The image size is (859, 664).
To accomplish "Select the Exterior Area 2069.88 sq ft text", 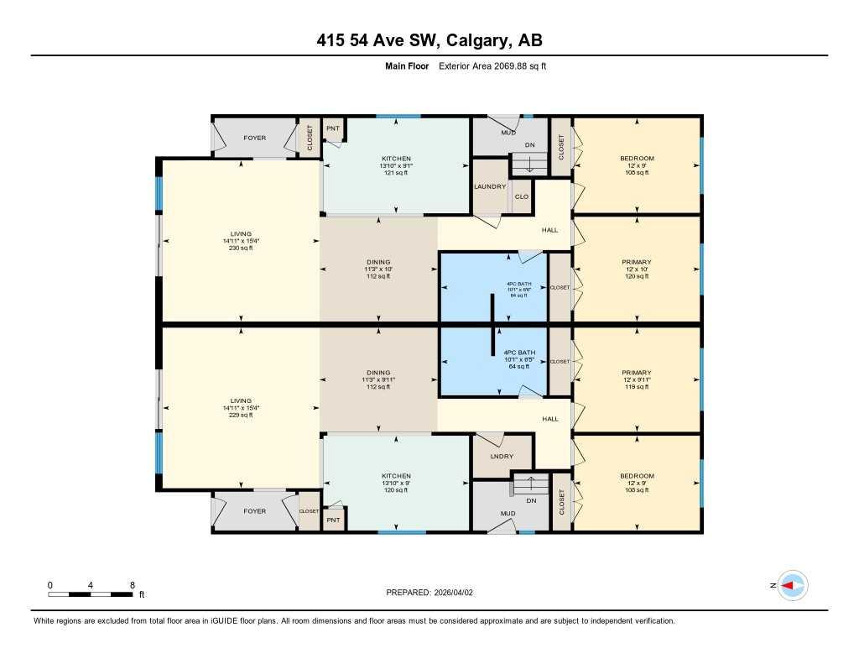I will tap(492, 65).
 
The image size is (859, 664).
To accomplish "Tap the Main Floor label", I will tap(403, 65).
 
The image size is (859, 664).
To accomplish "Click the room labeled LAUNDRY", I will tap(490, 186).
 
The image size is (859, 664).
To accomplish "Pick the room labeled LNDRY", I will tap(502, 457).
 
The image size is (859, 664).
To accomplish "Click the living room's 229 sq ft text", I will tap(242, 416).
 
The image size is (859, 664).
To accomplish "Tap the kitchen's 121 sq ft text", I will tap(396, 173).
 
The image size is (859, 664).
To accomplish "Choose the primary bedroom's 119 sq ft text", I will tap(637, 388).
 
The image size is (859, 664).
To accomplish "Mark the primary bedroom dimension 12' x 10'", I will tap(637, 269).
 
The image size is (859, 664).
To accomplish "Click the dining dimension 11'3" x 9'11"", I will tap(378, 379).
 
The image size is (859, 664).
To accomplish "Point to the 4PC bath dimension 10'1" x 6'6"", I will tap(519, 290).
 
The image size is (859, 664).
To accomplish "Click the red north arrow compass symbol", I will tap(792, 585).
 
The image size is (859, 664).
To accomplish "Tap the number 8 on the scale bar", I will tap(132, 584).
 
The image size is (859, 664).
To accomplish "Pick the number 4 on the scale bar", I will tap(91, 584).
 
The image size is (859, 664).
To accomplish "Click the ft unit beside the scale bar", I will tap(142, 594).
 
